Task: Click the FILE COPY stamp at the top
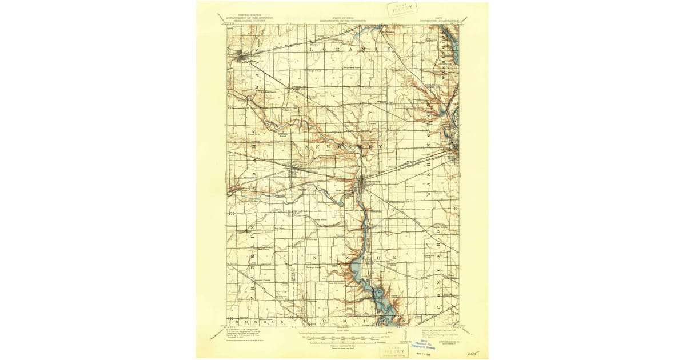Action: pyautogui.click(x=402, y=9)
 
